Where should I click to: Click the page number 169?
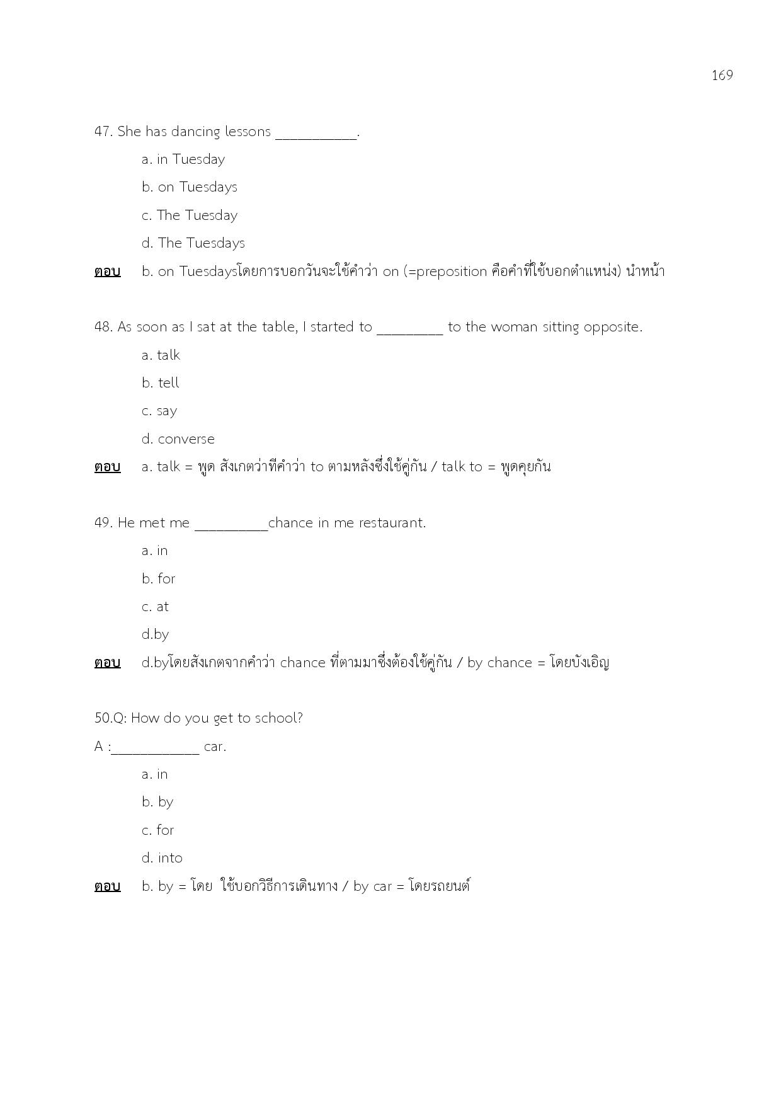(x=722, y=76)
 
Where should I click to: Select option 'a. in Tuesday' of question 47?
(x=183, y=159)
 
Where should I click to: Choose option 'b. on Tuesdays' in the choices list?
(x=189, y=187)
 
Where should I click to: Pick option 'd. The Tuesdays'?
(x=193, y=243)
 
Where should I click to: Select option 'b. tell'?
(x=160, y=383)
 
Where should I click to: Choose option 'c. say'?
(x=159, y=411)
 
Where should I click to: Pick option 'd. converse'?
(x=178, y=439)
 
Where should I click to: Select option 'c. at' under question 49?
(x=155, y=607)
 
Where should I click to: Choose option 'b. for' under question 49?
(x=158, y=579)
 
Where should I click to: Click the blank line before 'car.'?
(x=156, y=750)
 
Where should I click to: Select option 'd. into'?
(x=162, y=858)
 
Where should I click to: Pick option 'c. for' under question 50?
(x=157, y=830)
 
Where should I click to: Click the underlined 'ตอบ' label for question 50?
(x=107, y=886)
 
